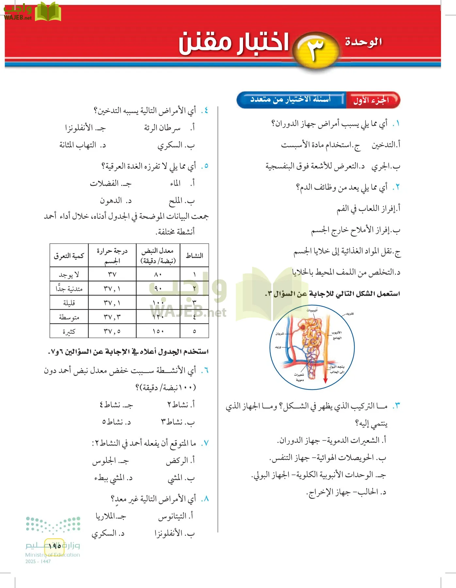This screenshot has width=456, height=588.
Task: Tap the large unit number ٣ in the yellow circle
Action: (315, 49)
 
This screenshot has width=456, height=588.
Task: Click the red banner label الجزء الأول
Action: (371, 100)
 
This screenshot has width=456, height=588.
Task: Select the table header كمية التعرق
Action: (69, 255)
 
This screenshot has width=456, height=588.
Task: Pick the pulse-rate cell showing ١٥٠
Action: (158, 331)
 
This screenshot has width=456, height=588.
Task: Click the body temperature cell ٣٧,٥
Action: (112, 331)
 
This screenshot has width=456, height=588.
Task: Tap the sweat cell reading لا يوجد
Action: (69, 274)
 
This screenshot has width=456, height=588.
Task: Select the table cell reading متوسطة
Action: (69, 317)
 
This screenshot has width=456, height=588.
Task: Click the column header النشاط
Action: (194, 255)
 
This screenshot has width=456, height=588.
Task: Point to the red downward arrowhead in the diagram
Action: (325, 381)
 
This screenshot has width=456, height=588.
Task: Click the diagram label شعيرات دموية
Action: (299, 377)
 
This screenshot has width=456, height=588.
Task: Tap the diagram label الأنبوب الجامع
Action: (336, 335)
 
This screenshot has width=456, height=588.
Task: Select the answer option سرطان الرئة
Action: (162, 128)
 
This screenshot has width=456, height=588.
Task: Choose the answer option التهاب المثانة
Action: (78, 145)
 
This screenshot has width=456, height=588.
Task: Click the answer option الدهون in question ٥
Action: (111, 201)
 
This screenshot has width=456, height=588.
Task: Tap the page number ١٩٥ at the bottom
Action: (55, 546)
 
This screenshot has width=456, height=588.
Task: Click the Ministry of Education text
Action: (53, 555)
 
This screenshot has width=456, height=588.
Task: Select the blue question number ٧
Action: (205, 443)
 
